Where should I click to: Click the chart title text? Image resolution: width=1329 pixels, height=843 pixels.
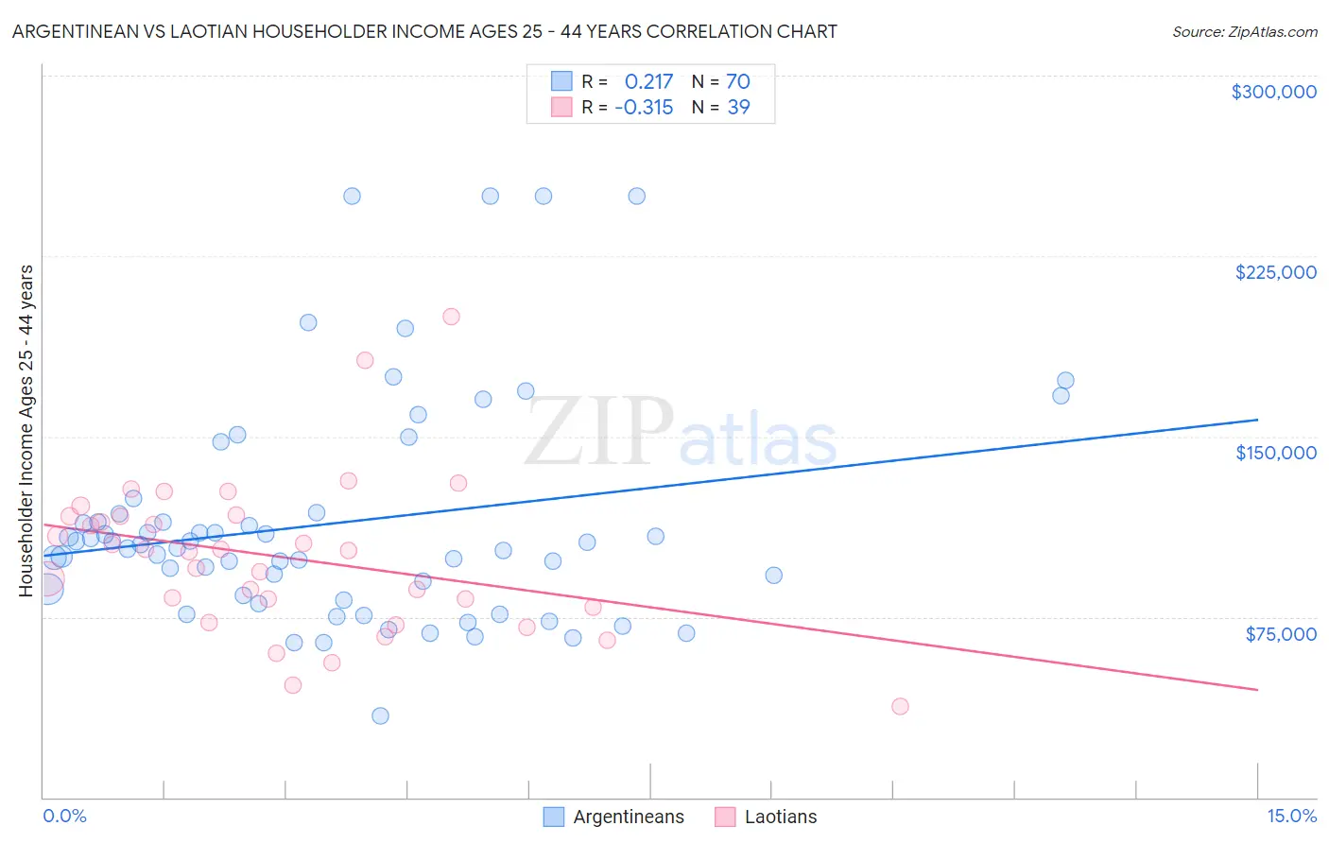424,31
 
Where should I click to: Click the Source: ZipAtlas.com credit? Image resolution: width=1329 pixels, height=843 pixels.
1244,31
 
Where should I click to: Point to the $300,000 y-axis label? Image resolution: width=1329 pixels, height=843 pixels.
1273,92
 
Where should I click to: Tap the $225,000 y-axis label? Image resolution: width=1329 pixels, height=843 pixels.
1275,272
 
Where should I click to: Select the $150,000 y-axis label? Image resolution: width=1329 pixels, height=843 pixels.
1275,453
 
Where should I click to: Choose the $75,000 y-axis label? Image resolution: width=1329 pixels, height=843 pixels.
1280,634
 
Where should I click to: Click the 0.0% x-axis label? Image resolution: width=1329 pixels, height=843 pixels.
64,816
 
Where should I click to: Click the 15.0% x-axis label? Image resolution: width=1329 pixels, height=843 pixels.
1290,816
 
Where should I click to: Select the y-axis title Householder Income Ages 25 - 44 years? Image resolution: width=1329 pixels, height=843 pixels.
26,431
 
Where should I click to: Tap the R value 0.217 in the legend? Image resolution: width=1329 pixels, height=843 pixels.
648,81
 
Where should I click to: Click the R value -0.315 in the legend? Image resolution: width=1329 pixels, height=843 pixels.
644,108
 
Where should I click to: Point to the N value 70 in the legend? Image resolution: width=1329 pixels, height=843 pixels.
737,81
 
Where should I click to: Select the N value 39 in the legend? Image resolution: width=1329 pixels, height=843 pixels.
738,108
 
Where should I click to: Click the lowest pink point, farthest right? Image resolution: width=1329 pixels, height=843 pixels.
900,707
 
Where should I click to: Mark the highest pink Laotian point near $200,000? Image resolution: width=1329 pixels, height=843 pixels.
451,317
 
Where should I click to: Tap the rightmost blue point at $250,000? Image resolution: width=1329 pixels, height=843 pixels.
637,197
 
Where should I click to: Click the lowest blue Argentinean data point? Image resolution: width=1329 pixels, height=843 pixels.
380,715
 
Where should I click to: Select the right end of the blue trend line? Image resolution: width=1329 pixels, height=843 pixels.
1257,420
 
